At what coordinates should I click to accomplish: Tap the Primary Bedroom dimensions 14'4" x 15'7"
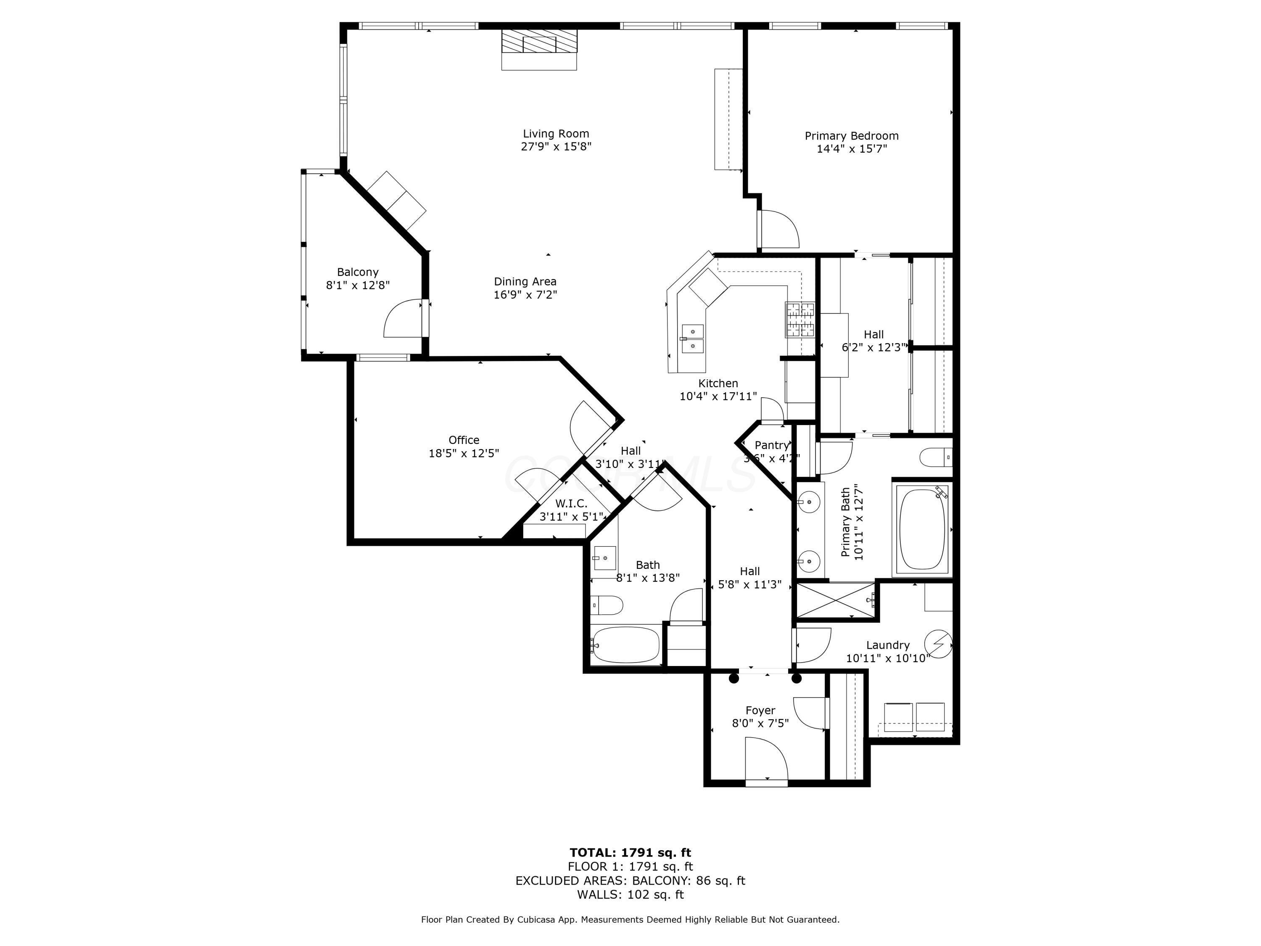click(x=852, y=149)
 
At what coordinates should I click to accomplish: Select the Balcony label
click(x=357, y=272)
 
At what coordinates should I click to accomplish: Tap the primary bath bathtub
click(x=922, y=528)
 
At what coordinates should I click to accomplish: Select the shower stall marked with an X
click(x=835, y=600)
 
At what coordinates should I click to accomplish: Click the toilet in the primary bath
click(x=935, y=457)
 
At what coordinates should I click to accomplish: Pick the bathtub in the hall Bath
click(x=625, y=645)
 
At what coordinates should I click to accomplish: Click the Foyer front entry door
click(x=766, y=759)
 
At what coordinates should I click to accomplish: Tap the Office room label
click(x=464, y=440)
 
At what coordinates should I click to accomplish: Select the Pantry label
click(x=771, y=445)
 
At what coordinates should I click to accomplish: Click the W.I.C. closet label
click(x=571, y=504)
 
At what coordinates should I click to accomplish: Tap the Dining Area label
click(x=525, y=281)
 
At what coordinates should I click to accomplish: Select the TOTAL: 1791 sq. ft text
click(x=630, y=853)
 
